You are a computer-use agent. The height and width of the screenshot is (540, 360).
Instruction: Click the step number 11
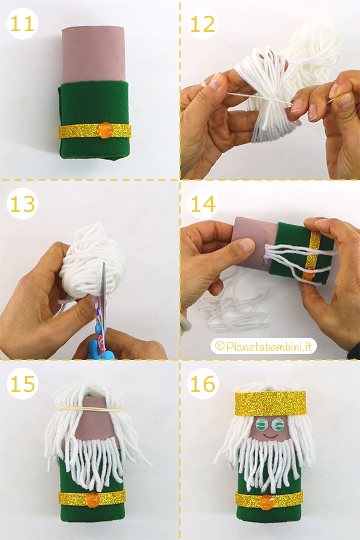[22, 24]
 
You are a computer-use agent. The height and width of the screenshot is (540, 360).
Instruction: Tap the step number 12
[203, 24]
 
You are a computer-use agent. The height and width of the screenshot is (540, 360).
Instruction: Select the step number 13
[22, 204]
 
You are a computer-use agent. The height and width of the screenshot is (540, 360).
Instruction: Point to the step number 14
[203, 204]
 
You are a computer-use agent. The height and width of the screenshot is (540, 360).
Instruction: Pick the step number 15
[22, 383]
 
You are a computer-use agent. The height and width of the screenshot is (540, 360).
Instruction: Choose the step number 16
[203, 383]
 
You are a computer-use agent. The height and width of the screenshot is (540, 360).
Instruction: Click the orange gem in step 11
[105, 130]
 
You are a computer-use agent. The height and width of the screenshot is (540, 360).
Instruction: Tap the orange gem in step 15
[92, 499]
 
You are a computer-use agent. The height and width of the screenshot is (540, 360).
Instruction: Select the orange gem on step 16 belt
[266, 502]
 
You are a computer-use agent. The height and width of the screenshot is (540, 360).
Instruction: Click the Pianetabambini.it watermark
[264, 346]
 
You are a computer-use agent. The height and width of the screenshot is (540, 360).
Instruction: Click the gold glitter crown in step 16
[271, 403]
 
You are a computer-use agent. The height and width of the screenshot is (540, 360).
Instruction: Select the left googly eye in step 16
[262, 425]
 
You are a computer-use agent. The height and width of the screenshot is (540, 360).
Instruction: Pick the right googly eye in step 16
[277, 425]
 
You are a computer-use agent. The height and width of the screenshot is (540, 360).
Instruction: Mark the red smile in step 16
[271, 437]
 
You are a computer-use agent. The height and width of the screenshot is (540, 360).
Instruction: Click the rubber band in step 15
[90, 409]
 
